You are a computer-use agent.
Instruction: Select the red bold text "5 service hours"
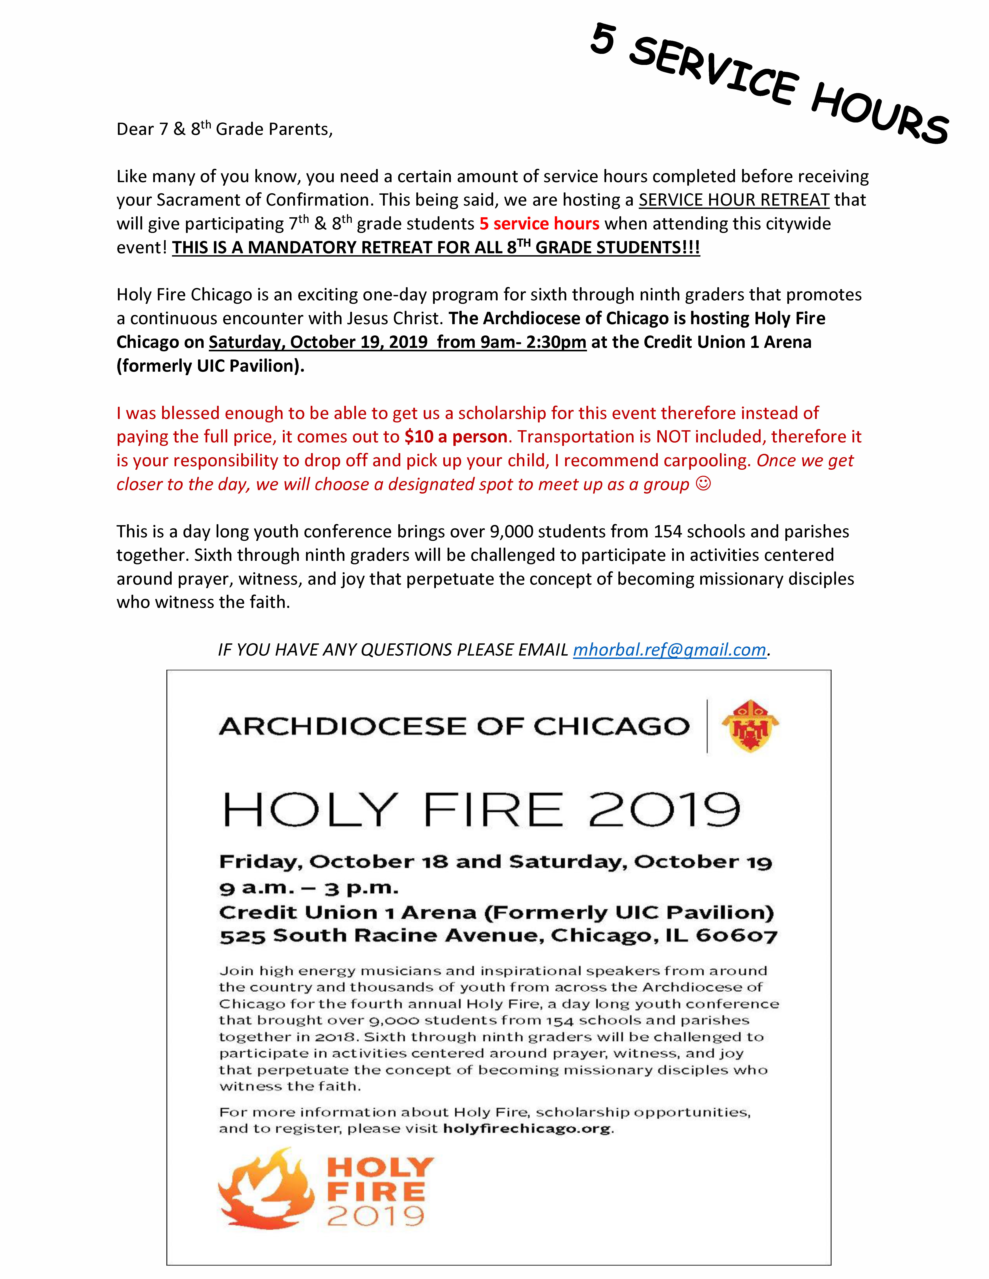539,224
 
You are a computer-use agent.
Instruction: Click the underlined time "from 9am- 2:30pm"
512,342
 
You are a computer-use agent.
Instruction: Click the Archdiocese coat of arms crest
750,726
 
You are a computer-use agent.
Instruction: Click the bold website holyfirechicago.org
527,1128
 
